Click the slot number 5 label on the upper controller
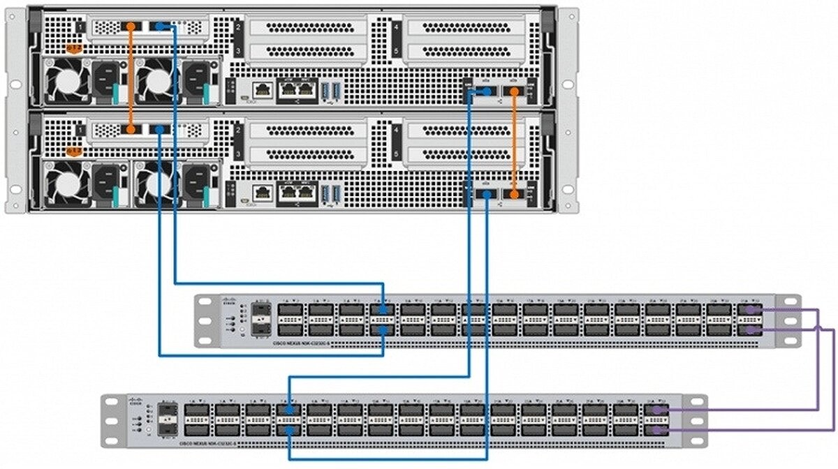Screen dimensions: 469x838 (396, 51)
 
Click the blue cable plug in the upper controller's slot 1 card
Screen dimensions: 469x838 (161, 27)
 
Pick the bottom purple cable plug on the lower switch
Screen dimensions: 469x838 (657, 430)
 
